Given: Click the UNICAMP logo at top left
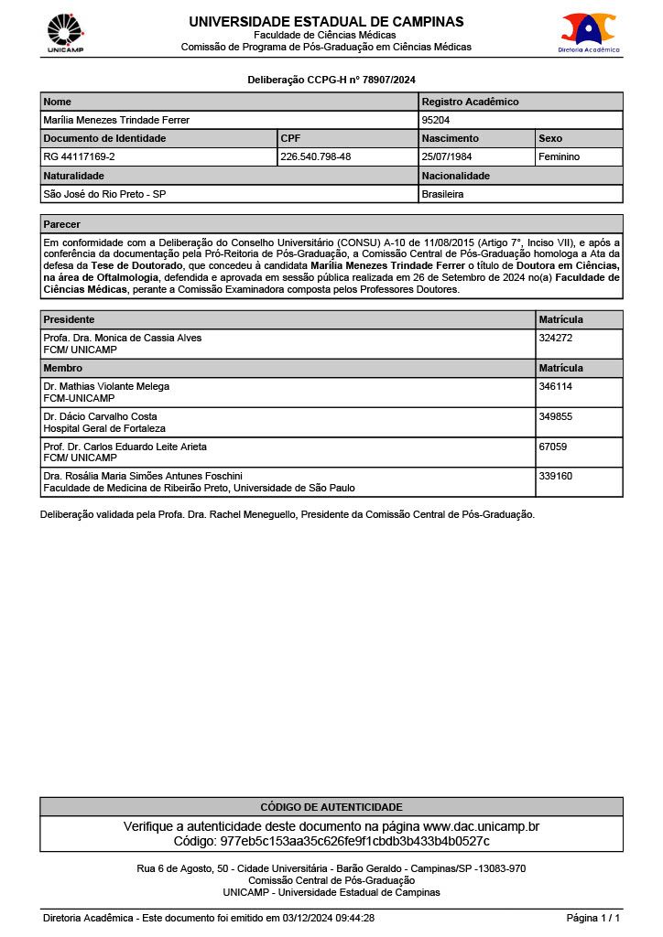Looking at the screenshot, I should pos(65,32).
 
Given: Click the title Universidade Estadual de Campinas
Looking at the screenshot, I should pos(326,22).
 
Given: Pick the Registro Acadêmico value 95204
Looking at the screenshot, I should pos(436,120).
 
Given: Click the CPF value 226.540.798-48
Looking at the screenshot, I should pos(316,156).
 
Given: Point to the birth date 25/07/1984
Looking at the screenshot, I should pos(447,156).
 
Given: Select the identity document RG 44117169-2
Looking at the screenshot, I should pos(80,156).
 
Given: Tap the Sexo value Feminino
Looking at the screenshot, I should pos(560,156).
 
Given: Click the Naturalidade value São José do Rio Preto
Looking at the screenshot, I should pos(104,194).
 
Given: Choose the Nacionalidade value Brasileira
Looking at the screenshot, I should pos(443,194).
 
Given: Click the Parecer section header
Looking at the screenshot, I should pos(61,224).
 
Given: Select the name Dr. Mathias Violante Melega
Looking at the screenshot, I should pos(106,386).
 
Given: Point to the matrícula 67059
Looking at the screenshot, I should pos(553,447).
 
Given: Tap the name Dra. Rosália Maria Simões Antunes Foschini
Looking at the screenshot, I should pos(143,476).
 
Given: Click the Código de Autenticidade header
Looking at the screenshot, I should pos(331,807).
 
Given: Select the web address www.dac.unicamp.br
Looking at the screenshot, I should pos(481,826).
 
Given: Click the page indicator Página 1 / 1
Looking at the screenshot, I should pos(592,918).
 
